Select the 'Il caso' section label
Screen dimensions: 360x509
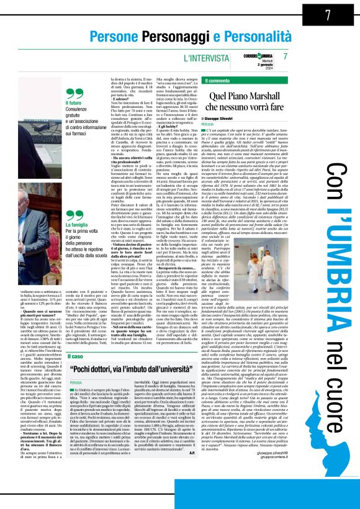(x=75, y=357)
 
